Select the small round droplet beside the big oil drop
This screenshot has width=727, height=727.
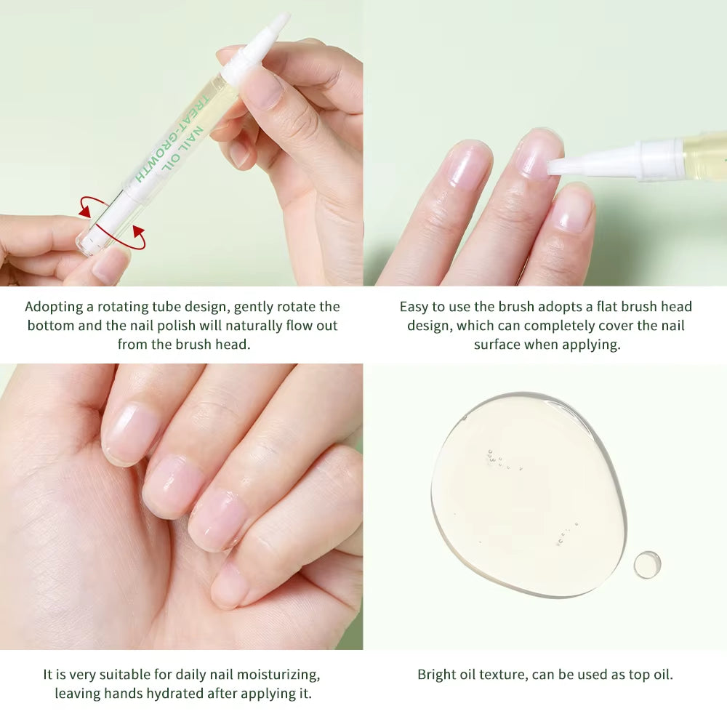646,564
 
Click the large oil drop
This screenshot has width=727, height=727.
527,494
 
